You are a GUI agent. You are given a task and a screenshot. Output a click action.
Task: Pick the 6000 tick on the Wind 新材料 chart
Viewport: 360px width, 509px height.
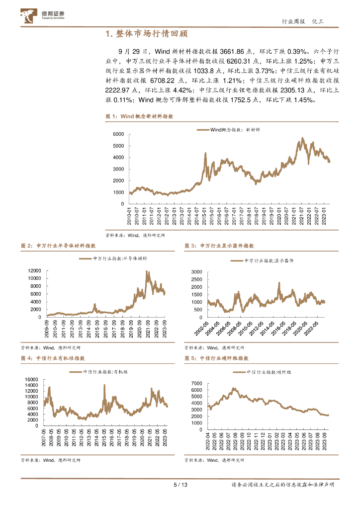tap(117, 134)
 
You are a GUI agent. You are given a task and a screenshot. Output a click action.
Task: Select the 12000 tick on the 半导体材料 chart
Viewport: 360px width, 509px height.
tap(35, 270)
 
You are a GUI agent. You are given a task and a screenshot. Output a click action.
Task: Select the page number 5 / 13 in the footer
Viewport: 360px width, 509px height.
tap(180, 485)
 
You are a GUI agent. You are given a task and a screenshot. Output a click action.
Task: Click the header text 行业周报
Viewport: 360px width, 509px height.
tap(292, 21)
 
